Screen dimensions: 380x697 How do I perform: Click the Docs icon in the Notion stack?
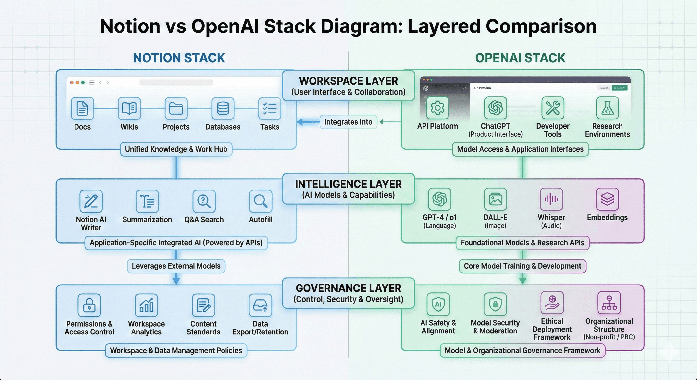point(82,108)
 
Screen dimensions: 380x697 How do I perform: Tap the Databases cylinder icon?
point(223,108)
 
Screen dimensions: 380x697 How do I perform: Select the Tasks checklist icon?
point(270,108)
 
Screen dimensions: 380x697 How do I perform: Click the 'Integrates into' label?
point(348,122)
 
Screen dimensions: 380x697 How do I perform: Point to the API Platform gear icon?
point(437,108)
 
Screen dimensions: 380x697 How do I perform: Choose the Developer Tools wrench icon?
point(552,108)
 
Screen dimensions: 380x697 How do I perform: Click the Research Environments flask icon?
point(607,108)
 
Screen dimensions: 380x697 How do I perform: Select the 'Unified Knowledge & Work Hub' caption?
point(176,149)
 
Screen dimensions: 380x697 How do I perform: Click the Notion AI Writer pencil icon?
point(91,201)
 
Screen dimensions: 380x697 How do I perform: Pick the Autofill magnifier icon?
point(261,201)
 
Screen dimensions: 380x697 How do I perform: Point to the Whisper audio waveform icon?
point(551,199)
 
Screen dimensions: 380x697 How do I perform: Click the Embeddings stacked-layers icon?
point(607,199)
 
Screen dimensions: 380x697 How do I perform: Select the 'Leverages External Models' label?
point(176,266)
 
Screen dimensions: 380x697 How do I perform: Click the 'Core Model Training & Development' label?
point(522,266)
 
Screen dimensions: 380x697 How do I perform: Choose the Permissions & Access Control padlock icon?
point(89,305)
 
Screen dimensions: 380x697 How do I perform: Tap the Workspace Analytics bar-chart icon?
point(146,305)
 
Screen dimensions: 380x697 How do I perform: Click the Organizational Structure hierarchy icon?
point(609,303)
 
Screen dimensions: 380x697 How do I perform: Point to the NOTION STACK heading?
point(179,58)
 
